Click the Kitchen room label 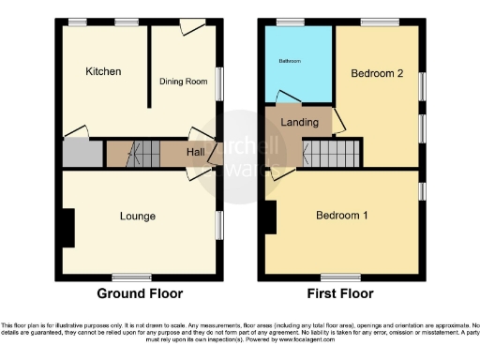(103, 72)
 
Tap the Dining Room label (183, 82)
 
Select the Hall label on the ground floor (196, 153)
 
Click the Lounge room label (138, 217)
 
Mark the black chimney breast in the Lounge (68, 226)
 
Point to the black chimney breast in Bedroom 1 (270, 217)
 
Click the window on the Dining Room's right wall (221, 82)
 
